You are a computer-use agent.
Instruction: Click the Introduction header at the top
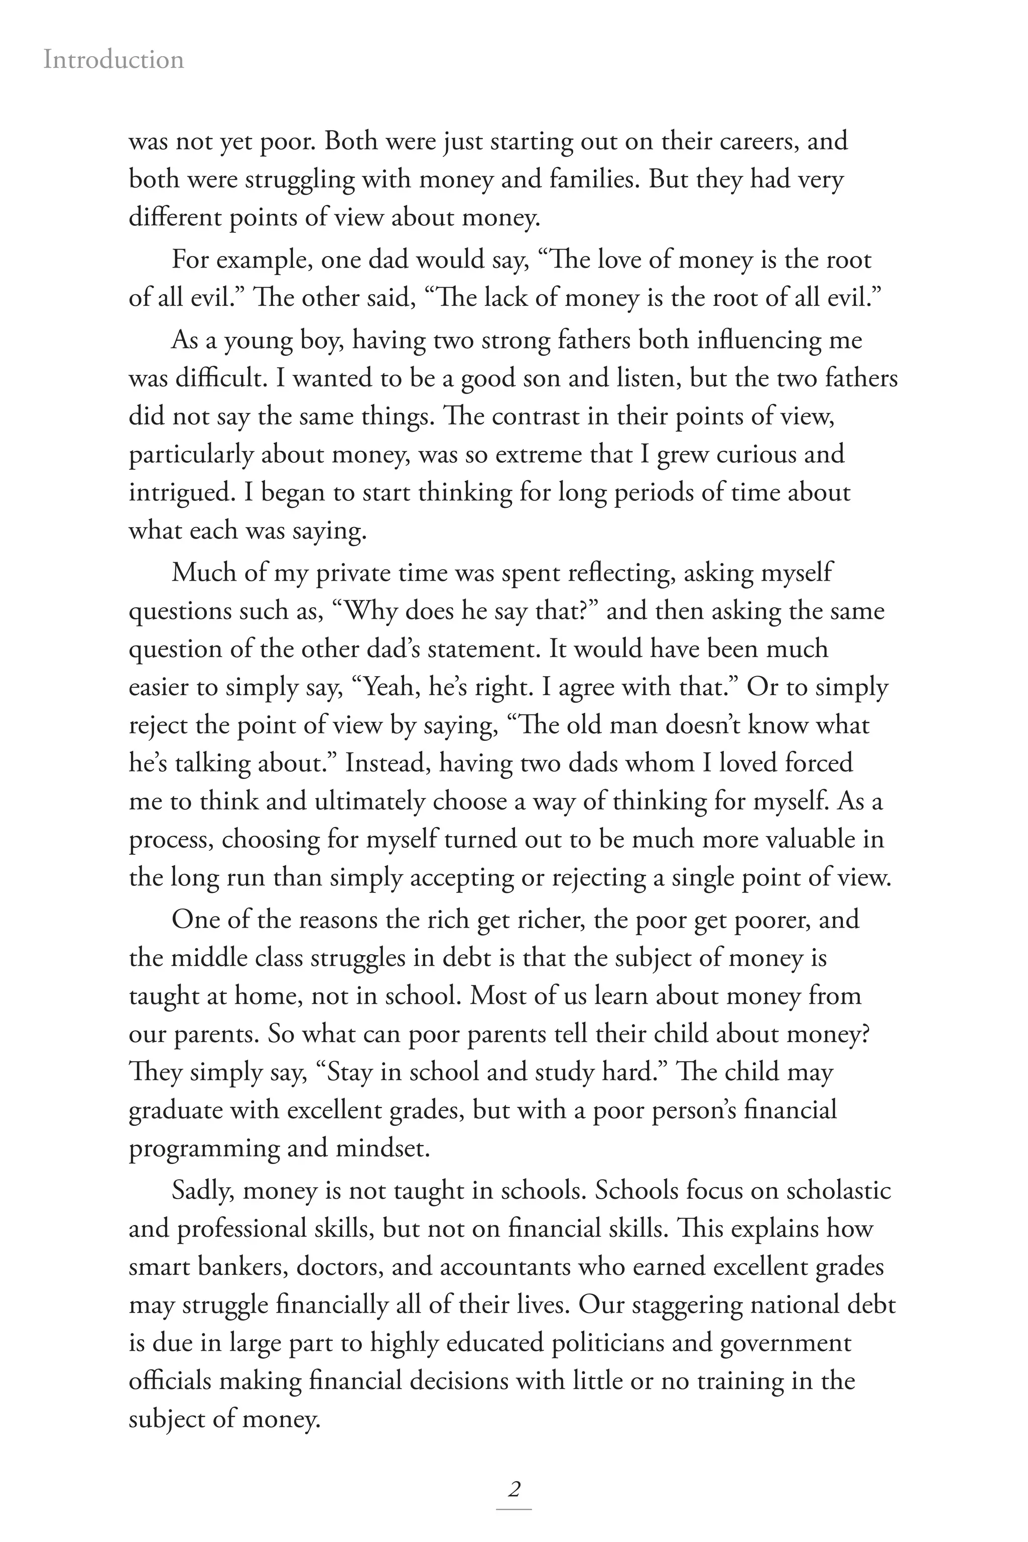click(x=113, y=60)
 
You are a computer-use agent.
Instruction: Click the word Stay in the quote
click(x=349, y=1072)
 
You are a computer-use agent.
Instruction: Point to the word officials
click(x=171, y=1381)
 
